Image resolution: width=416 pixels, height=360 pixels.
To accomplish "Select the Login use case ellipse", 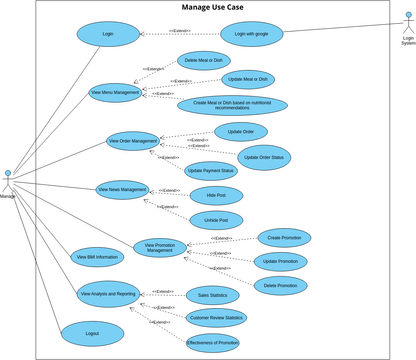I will point(108,33).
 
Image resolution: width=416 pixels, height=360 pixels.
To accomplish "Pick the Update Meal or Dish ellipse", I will point(245,78).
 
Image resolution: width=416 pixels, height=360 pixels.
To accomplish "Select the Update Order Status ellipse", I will point(265,157).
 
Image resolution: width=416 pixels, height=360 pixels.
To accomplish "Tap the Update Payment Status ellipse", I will point(211,171).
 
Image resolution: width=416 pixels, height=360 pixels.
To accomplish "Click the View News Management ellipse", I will point(123,188).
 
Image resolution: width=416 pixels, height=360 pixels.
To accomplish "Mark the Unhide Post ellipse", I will point(216,220).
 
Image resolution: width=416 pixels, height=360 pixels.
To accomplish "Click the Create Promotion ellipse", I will point(284,237).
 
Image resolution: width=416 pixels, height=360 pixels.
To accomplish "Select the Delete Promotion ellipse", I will point(280,285).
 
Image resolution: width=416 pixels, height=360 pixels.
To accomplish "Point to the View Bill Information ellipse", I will point(98,256).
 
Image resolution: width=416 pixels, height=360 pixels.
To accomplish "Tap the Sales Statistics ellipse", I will point(212,295).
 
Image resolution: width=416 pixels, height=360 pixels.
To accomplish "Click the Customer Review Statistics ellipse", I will point(216,318).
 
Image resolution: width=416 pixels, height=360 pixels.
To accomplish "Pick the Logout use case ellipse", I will point(92,333).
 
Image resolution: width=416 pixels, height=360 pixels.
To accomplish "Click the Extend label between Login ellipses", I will point(180,31).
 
